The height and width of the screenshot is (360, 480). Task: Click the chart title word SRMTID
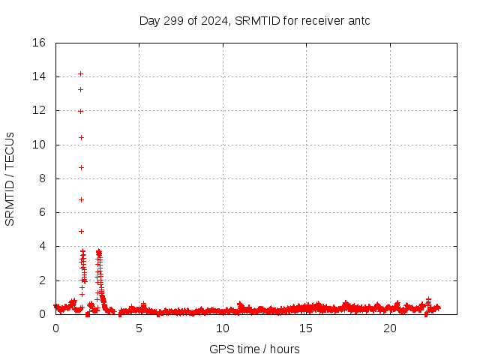tap(255, 20)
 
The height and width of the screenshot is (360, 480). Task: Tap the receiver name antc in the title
tap(356, 20)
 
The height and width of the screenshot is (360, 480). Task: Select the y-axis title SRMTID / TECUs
tap(10, 179)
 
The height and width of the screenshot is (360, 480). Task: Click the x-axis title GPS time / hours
tap(255, 349)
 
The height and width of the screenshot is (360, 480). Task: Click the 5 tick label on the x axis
tap(139, 328)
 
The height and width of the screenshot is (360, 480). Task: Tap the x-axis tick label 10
tap(223, 328)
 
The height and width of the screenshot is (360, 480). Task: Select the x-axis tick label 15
tap(306, 328)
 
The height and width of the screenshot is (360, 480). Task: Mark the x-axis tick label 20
tap(389, 328)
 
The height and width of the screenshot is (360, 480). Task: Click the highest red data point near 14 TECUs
tap(80, 73)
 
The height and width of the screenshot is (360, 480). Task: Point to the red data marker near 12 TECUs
tap(80, 111)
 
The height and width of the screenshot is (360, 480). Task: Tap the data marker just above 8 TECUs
tap(81, 167)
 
